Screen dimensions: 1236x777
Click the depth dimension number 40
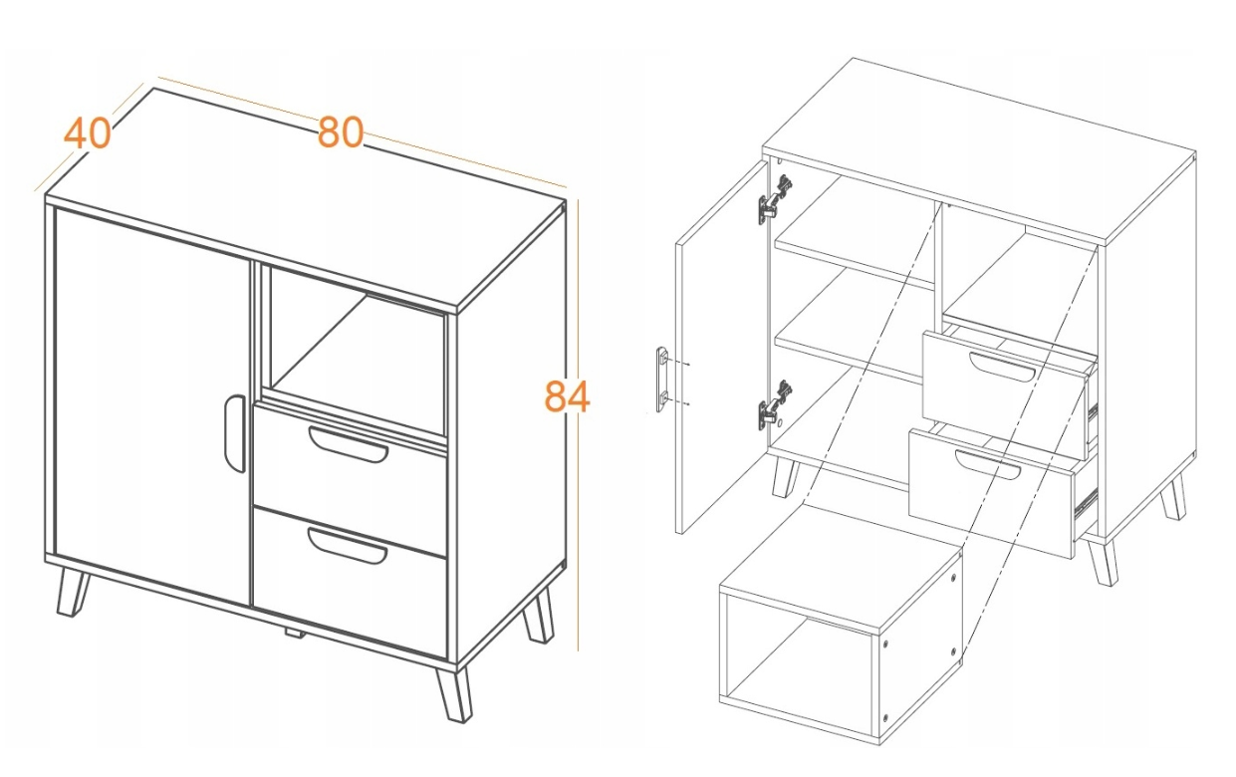88,134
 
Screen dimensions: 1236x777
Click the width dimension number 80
341,132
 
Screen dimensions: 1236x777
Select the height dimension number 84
567,396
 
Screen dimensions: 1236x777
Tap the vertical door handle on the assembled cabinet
234,433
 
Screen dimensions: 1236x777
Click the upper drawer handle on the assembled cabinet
348,445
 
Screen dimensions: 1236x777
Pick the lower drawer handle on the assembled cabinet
347,546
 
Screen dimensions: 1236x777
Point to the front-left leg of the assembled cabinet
72,593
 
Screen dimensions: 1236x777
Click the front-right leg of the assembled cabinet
453,694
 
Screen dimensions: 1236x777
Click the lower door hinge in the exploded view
775,405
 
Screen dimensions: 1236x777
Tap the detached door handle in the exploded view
662,380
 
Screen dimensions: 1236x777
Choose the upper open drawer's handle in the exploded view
1003,366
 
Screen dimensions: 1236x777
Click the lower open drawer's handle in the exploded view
988,464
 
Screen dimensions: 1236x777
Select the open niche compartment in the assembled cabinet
357,355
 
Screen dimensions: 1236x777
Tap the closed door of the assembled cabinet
151,406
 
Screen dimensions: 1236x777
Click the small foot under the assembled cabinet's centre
295,634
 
